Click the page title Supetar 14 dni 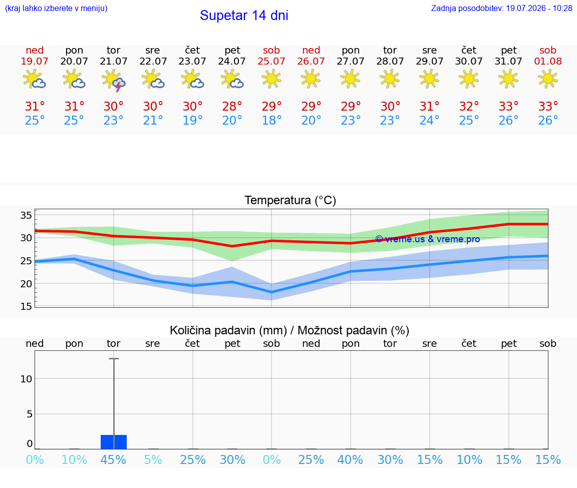(x=244, y=16)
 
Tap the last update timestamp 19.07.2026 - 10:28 (x=539, y=8)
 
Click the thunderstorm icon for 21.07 (x=114, y=80)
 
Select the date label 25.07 (x=271, y=61)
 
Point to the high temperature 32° (x=469, y=106)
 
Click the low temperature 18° (x=271, y=120)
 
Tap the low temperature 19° (x=192, y=120)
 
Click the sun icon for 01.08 (x=547, y=79)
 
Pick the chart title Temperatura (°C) (x=291, y=200)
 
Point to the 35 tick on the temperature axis (x=26, y=215)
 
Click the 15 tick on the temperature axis (x=26, y=306)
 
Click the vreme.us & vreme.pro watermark (x=428, y=239)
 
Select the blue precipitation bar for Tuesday (x=114, y=442)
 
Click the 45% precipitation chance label (x=113, y=459)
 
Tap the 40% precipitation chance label (x=350, y=459)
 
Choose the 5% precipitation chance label (x=153, y=459)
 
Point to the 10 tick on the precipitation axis (x=26, y=379)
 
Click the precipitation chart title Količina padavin (x=228, y=330)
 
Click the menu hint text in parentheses (x=56, y=8)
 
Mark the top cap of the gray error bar (x=114, y=358)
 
